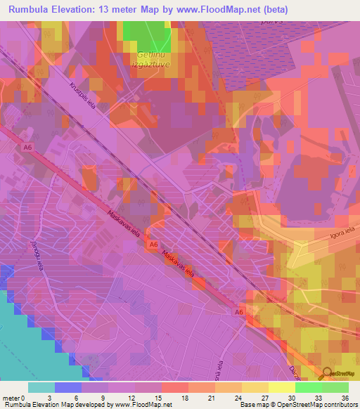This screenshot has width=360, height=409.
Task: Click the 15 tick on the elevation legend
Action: tap(162, 396)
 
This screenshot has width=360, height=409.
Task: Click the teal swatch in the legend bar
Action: tap(41, 387)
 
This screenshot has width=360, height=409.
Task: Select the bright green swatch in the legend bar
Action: tap(308, 387)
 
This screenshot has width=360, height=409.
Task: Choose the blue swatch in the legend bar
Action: tap(68, 387)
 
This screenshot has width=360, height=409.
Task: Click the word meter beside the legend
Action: tap(11, 396)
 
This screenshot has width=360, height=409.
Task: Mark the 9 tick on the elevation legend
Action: tap(108, 396)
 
